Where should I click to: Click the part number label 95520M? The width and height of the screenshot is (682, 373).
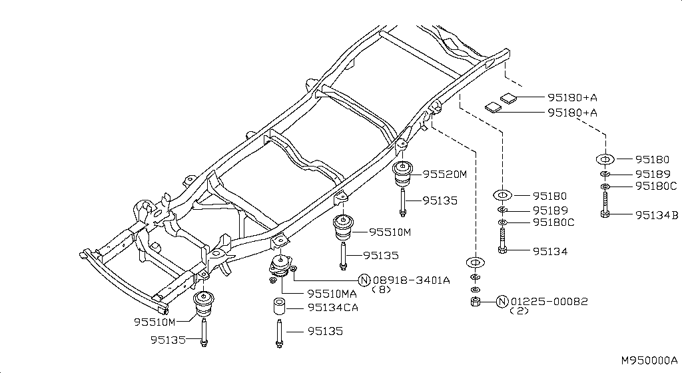coord(444,175)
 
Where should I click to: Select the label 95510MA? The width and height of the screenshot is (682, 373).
coord(332,294)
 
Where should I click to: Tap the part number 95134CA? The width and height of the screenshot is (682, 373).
coord(333,307)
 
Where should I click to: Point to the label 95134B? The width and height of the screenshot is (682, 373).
coord(657,214)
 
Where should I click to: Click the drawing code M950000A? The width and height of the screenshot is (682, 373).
coord(649,360)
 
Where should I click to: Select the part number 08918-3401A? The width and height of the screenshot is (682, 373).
coord(411,280)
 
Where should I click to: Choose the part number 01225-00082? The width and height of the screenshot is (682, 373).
coord(549,301)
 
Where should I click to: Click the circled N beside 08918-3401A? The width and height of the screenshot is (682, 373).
coord(364,280)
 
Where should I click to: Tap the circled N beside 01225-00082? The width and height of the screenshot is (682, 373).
coord(502,301)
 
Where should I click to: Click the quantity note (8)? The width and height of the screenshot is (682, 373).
coord(382,290)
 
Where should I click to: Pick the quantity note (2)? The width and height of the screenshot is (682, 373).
coord(519,311)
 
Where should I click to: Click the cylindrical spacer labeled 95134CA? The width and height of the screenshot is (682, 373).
coord(279,306)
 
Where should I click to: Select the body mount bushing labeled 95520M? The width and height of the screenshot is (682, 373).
coord(403,173)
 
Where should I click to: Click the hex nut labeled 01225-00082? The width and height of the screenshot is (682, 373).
coord(476,301)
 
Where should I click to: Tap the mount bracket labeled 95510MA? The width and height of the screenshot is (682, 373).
coord(280,267)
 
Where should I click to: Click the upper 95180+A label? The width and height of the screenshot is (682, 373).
coord(572,97)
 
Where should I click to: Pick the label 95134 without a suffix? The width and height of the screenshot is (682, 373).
coord(550,251)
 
